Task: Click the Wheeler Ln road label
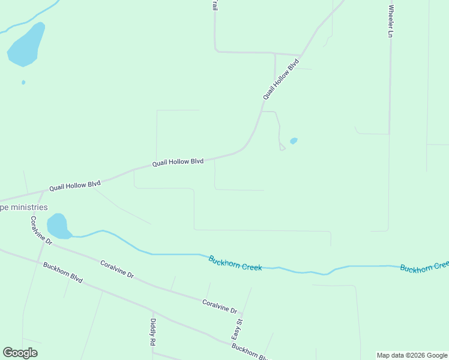tap(391, 22)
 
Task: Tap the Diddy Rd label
tap(152, 332)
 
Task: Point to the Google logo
tap(20, 353)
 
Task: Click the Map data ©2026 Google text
tap(412, 355)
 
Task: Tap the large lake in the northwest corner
tap(27, 45)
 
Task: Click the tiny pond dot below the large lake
tap(23, 82)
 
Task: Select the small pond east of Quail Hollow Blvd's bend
tap(294, 141)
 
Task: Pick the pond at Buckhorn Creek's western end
tap(58, 226)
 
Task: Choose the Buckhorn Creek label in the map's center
tap(235, 263)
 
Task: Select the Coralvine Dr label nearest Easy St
tap(220, 306)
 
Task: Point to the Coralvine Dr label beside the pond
tap(41, 230)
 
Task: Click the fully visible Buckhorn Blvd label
tap(62, 272)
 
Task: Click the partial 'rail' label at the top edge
tap(214, 5)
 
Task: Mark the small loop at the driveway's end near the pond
tap(282, 148)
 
